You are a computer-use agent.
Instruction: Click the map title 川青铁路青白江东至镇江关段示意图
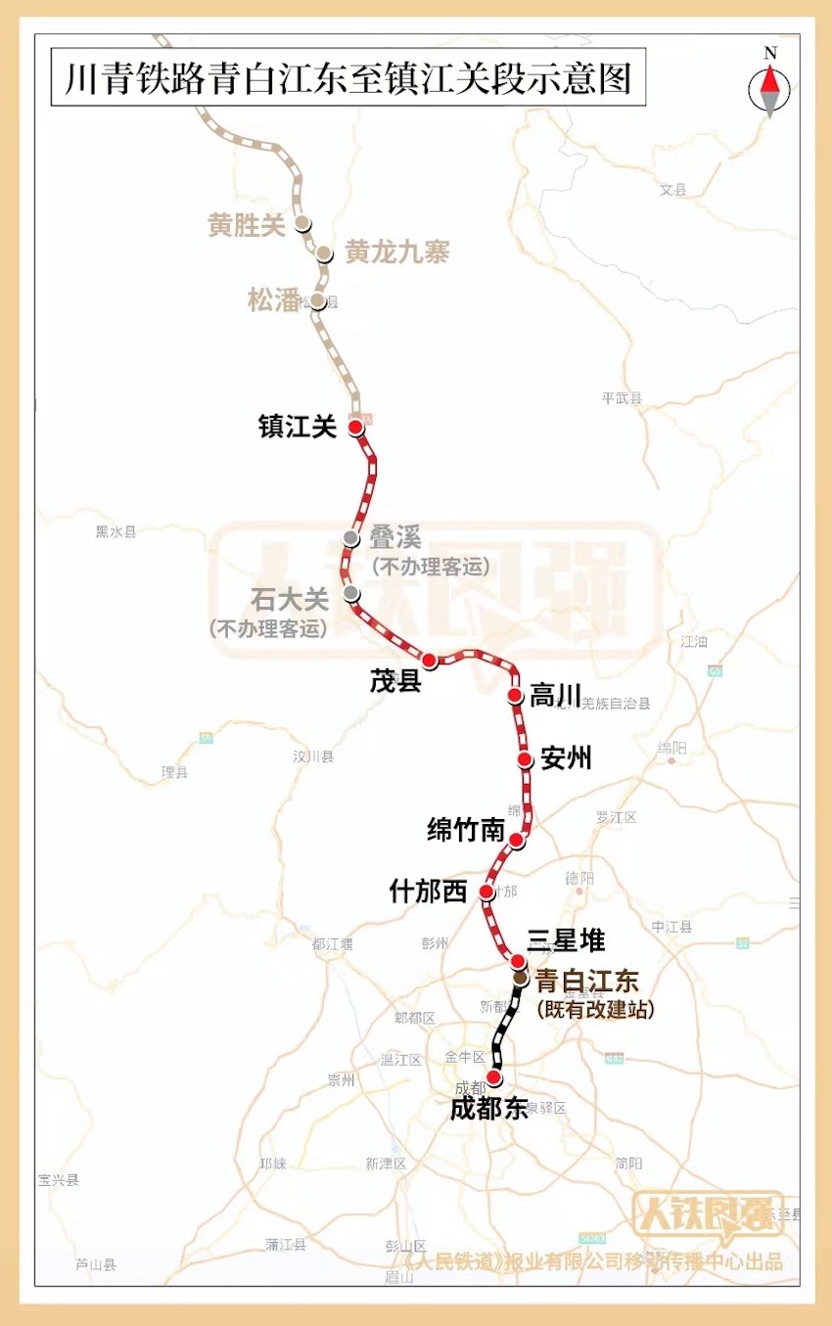[347, 77]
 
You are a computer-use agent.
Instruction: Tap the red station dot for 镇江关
[355, 427]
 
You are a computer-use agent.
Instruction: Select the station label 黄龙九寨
[396, 252]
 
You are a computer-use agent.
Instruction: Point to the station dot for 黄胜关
[303, 223]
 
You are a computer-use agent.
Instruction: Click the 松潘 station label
[273, 301]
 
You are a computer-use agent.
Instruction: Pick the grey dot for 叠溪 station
[351, 537]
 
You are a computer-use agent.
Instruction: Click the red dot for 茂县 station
[429, 660]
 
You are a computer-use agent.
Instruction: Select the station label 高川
[555, 697]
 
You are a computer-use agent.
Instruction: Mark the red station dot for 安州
[525, 759]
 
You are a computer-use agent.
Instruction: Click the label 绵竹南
[466, 831]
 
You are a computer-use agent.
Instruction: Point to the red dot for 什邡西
[486, 892]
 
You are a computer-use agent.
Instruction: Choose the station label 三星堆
[566, 941]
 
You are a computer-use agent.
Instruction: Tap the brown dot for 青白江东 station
[521, 978]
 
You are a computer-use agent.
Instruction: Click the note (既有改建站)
[595, 1009]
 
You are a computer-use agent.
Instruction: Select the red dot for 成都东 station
[494, 1077]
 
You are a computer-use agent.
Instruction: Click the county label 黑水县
[116, 531]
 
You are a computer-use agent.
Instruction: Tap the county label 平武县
[622, 397]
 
